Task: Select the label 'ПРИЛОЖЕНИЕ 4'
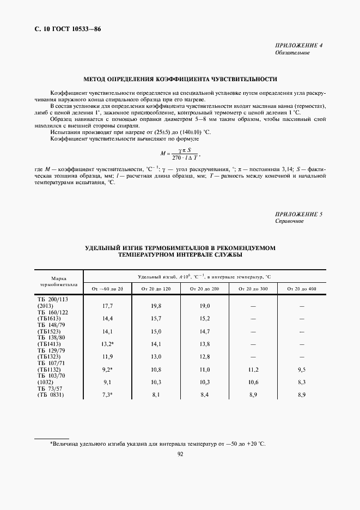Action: (299, 45)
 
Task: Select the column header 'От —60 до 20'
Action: (107, 288)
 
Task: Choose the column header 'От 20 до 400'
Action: (301, 288)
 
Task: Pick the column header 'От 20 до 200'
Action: (204, 288)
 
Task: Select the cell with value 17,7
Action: (107, 306)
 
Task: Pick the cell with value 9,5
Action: (301, 369)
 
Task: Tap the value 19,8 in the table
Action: (156, 306)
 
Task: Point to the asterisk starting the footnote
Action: (51, 444)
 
